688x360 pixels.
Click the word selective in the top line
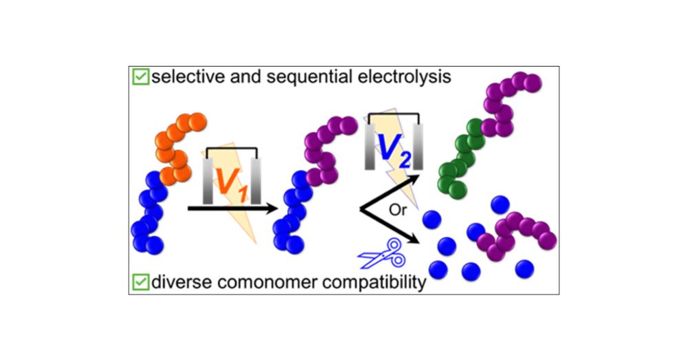[x=181, y=76]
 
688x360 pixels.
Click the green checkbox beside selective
[x=141, y=77]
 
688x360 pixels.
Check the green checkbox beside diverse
[x=141, y=282]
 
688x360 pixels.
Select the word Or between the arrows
[x=398, y=210]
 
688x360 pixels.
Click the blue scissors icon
[x=380, y=254]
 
